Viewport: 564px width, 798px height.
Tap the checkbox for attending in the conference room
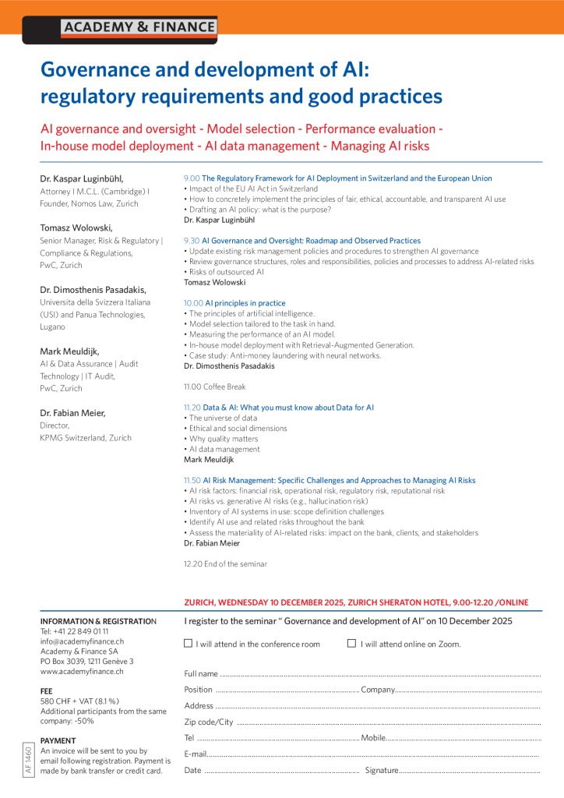click(x=188, y=644)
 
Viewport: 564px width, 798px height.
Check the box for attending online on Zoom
click(x=351, y=644)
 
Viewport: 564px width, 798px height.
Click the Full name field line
click(x=379, y=673)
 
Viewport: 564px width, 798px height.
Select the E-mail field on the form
click(x=373, y=754)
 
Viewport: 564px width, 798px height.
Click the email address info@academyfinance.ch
click(x=82, y=641)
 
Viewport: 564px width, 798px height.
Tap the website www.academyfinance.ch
click(x=82, y=671)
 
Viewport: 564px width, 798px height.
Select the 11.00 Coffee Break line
click(x=214, y=387)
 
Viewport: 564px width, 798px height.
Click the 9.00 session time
click(x=191, y=178)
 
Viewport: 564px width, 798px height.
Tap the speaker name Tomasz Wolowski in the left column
click(x=76, y=228)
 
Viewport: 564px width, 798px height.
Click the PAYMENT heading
click(x=58, y=740)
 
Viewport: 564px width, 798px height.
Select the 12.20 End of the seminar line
click(x=225, y=563)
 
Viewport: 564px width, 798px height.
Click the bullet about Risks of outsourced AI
click(x=225, y=272)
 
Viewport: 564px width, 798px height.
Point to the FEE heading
click(x=46, y=691)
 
